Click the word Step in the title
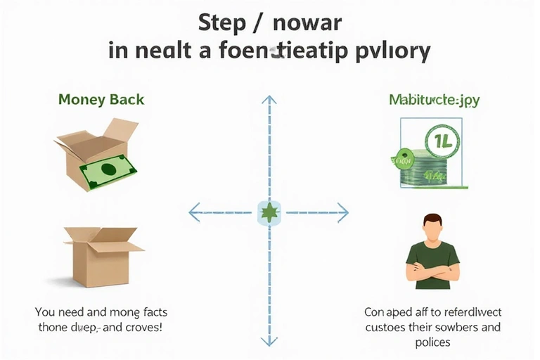(219, 22)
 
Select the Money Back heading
(101, 99)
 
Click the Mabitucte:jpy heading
(434, 100)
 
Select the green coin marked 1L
(442, 138)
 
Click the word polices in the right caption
(432, 342)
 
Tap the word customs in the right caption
(386, 328)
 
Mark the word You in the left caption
(46, 312)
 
